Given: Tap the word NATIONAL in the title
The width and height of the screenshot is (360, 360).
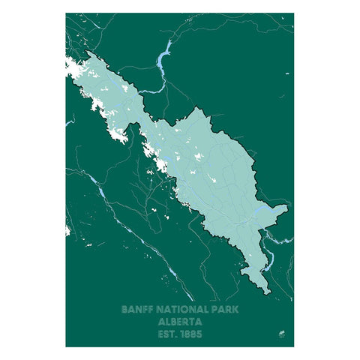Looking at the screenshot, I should (176, 308).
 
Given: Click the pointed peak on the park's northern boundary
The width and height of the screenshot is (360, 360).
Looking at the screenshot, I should (197, 108).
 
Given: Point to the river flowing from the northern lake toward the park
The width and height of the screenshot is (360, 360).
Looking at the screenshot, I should (150, 88).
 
